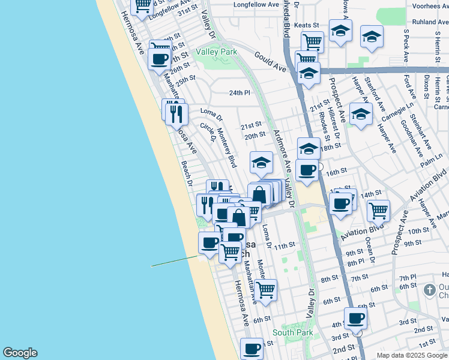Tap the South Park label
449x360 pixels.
point(292,332)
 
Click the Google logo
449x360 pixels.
point(20,353)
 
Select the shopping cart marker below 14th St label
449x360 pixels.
point(378,210)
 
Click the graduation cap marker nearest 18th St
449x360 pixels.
point(309,148)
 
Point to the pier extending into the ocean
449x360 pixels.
point(174,260)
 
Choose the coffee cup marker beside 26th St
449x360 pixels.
point(160,59)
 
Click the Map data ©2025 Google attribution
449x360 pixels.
point(412,355)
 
